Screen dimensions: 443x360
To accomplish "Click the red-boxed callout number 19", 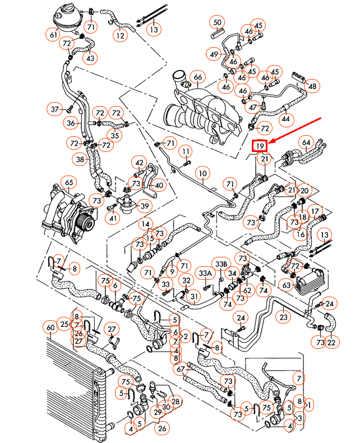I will [x=259, y=146].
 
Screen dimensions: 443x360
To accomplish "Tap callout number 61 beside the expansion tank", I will [x=54, y=35].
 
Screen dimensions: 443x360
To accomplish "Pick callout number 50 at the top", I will [x=218, y=23].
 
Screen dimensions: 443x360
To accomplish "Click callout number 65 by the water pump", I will [x=69, y=182].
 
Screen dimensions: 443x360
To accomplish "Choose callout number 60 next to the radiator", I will [x=50, y=327].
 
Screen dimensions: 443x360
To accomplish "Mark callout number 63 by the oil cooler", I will [x=287, y=286].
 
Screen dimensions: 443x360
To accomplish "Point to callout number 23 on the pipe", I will [x=284, y=317].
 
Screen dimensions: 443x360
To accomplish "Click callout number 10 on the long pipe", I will [x=202, y=174].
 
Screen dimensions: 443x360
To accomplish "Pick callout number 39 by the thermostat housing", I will [x=144, y=206].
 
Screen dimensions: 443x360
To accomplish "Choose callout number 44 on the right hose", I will [x=286, y=119].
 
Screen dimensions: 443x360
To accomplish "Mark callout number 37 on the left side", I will [x=55, y=108].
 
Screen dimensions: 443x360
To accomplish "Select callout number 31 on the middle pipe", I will [x=193, y=296].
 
